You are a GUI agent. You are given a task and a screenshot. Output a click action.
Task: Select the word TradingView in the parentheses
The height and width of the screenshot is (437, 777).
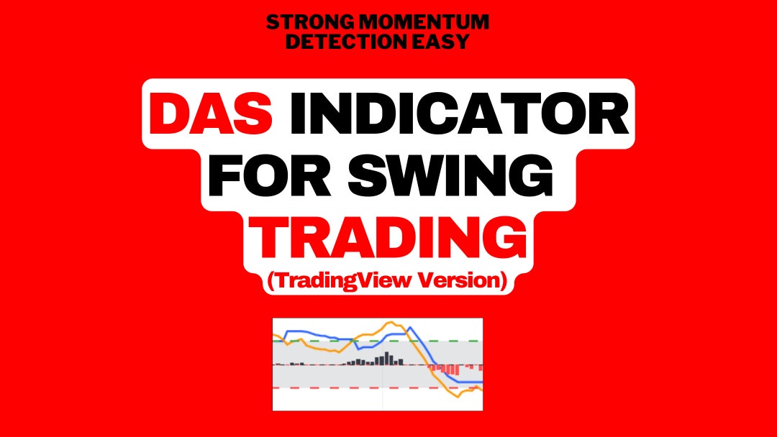(x=344, y=281)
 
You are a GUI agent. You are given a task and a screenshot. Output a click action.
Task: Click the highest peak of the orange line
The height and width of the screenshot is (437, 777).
(x=395, y=324)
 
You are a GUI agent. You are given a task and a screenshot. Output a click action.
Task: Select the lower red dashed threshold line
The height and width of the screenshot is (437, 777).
(x=324, y=388)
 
